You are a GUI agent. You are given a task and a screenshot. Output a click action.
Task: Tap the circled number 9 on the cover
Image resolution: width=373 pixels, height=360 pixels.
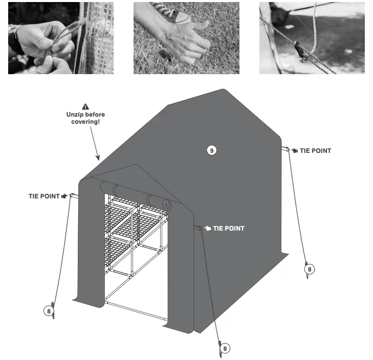(211, 150)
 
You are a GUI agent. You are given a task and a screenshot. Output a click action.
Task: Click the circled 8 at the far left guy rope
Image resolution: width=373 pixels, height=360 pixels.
(48, 310)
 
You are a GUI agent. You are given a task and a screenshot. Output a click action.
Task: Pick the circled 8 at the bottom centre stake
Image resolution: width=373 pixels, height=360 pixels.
(226, 348)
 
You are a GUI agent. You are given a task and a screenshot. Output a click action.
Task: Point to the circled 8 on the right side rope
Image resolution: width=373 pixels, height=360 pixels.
(309, 268)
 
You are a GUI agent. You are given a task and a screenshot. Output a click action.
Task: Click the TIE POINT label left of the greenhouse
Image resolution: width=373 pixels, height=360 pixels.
(44, 196)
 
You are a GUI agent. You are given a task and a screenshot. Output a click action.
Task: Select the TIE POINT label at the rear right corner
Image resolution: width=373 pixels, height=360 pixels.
(315, 151)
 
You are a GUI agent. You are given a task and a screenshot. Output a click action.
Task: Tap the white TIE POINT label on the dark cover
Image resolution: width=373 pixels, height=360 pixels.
(228, 228)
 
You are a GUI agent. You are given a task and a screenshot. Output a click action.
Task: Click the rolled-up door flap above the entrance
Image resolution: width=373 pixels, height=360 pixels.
(136, 193)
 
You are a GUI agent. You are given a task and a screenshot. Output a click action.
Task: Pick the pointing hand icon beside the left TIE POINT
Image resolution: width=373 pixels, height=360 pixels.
(64, 196)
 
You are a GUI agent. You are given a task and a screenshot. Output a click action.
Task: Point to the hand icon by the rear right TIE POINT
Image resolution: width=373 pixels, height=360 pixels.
(295, 151)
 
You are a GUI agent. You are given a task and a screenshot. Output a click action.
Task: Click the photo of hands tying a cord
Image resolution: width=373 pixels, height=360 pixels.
(61, 38)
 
